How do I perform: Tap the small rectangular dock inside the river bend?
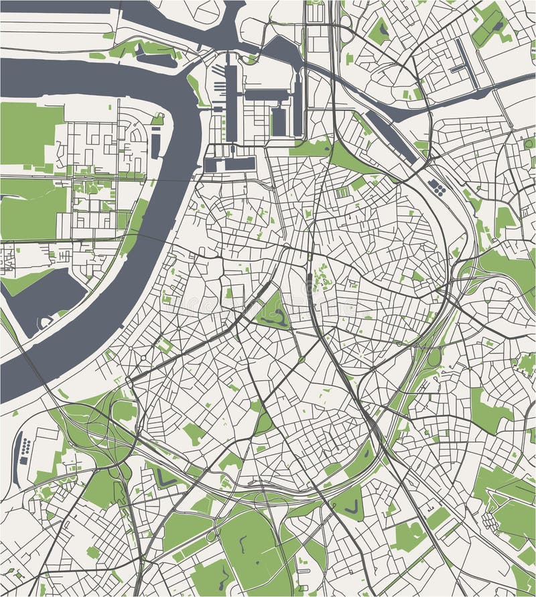(156, 141)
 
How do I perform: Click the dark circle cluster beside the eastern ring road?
(437, 187)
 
